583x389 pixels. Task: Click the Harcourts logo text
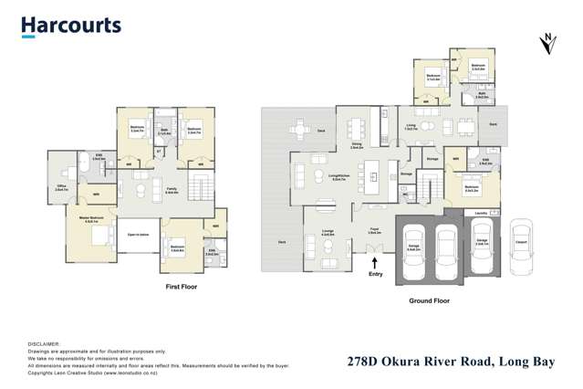pyautogui.click(x=71, y=25)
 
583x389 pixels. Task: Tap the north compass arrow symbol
pyautogui.click(x=547, y=44)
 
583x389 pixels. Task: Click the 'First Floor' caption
pyautogui.click(x=181, y=287)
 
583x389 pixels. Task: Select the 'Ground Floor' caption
pyautogui.click(x=428, y=300)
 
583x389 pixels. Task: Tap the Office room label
pyautogui.click(x=61, y=188)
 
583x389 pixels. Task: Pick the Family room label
pyautogui.click(x=171, y=190)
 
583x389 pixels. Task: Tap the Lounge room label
pyautogui.click(x=327, y=232)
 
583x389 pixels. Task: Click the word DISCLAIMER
pyautogui.click(x=45, y=343)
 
